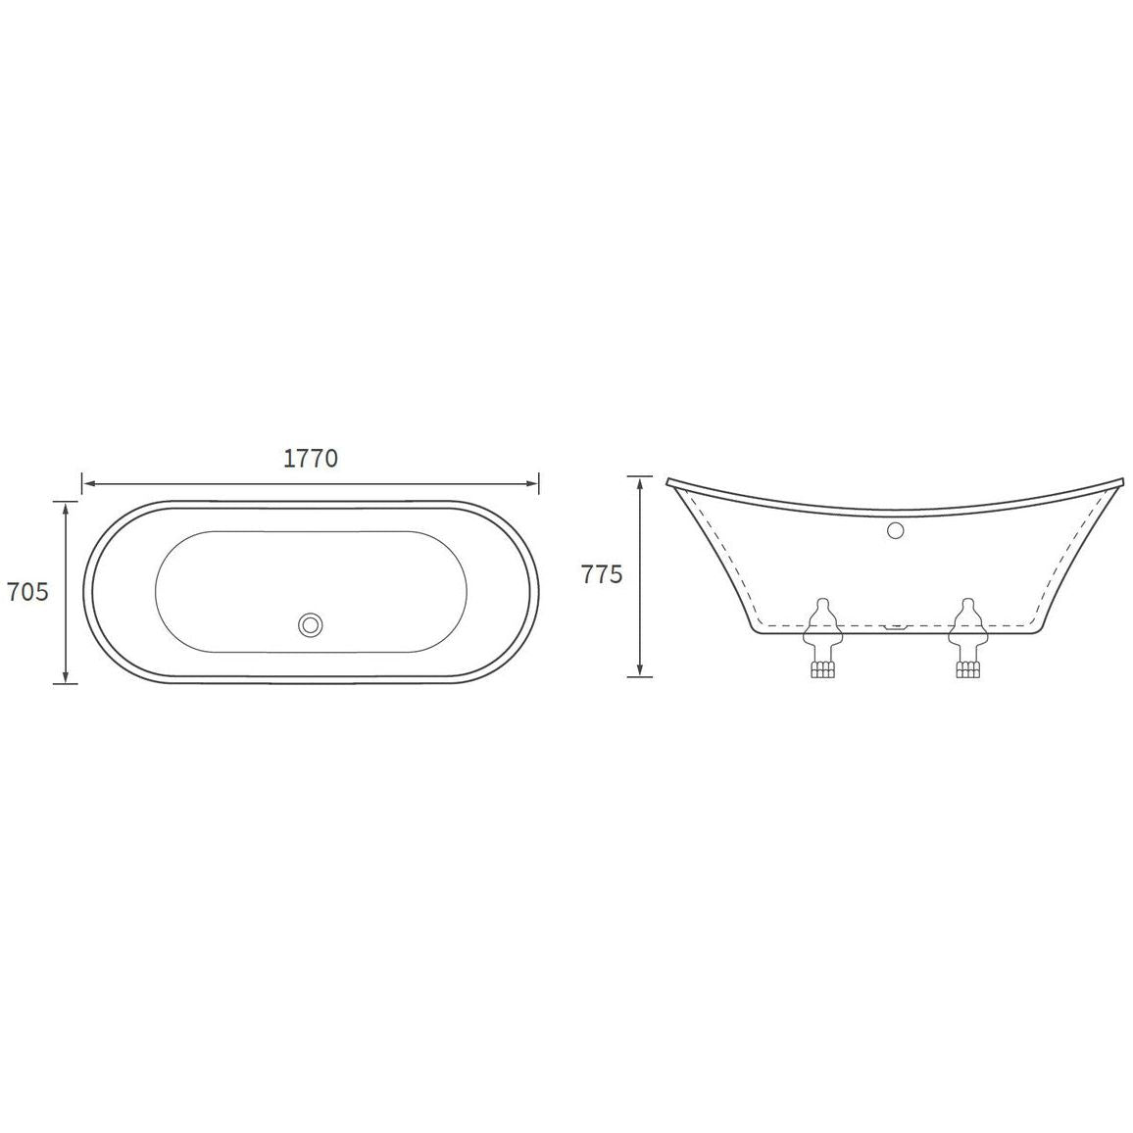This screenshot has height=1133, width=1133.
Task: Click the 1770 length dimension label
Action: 311,458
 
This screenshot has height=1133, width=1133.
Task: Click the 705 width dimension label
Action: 27,592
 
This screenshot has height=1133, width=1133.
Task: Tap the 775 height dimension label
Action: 601,574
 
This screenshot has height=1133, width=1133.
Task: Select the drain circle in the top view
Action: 311,624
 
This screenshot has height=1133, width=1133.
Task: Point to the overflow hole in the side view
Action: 895,530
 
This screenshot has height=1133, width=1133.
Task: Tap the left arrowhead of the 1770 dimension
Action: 87,482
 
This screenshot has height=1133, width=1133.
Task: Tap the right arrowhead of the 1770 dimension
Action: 532,482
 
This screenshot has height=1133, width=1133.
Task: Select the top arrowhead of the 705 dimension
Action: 66,508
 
